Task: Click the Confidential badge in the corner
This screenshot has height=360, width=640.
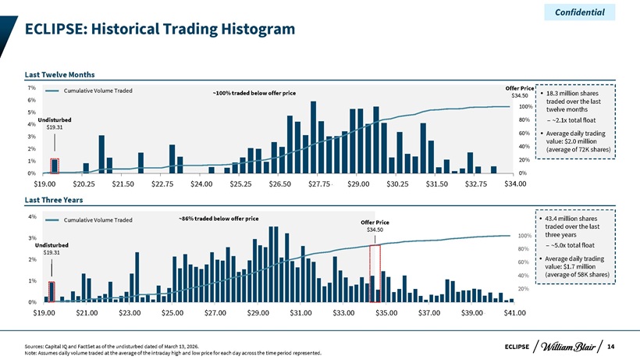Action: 580,12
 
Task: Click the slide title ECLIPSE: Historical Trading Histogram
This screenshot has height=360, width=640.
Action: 160,29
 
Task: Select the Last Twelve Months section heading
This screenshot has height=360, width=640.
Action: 59,75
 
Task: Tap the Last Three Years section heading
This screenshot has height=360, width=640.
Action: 54,200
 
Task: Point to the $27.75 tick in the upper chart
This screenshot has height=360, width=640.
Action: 318,184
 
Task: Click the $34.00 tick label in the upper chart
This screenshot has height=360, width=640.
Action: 515,184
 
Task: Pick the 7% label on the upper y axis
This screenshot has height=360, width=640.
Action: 32,87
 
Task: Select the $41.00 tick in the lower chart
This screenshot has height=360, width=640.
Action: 514,312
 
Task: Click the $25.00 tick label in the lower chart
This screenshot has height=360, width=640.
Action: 172,312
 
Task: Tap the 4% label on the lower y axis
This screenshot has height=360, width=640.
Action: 32,217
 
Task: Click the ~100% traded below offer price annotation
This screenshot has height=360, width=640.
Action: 254,93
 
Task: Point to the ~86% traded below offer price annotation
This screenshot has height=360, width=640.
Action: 219,219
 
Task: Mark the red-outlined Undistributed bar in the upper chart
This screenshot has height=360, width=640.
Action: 55,166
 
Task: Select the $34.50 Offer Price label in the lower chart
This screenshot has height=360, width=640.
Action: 375,230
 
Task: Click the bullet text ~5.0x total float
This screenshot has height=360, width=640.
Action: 573,245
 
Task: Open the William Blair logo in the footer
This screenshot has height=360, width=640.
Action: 568,347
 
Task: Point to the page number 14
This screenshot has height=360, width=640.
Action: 610,347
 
